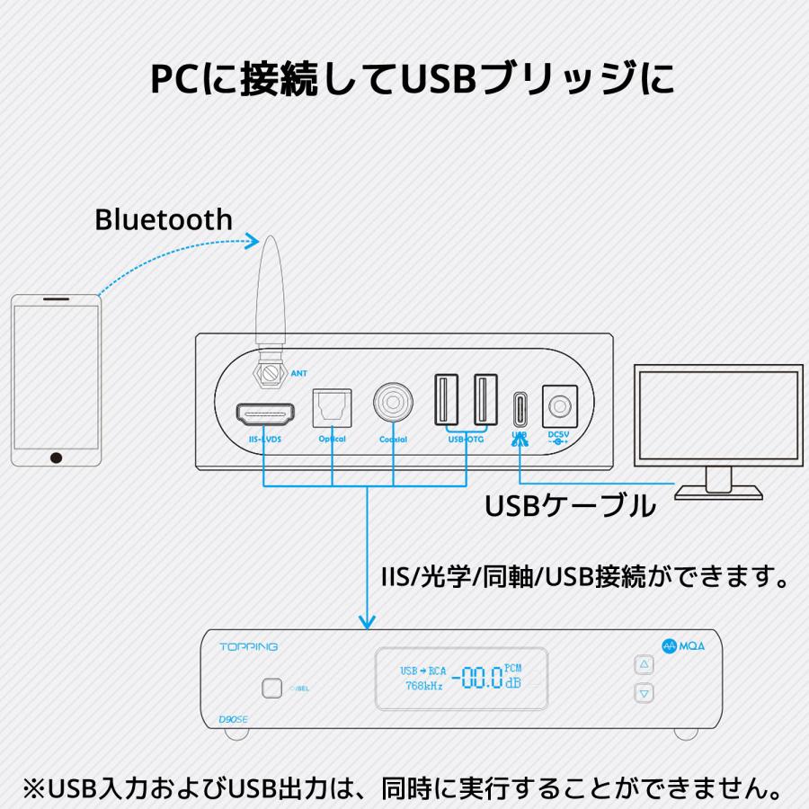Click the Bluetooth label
pyautogui.click(x=163, y=219)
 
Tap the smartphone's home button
pyautogui.click(x=57, y=458)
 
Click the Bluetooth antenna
pyautogui.click(x=269, y=297)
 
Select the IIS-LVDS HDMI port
pyautogui.click(x=265, y=414)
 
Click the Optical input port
pyautogui.click(x=332, y=408)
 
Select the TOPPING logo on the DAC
pyautogui.click(x=249, y=646)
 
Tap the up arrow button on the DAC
pyautogui.click(x=643, y=665)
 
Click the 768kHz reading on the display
pyautogui.click(x=422, y=687)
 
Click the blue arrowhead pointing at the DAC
pyautogui.click(x=367, y=621)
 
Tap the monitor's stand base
pyautogui.click(x=718, y=491)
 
